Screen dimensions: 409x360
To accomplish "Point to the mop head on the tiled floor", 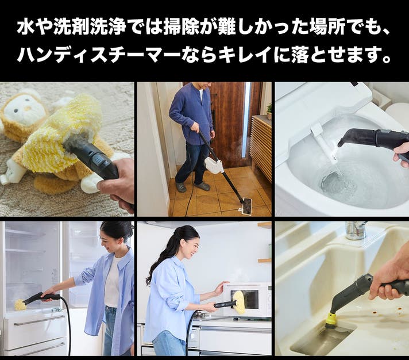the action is point(247,207).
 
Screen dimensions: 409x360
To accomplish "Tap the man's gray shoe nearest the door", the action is point(203,186).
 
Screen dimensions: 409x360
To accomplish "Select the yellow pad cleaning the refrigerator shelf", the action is point(20,305).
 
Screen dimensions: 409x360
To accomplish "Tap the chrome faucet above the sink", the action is point(356,231).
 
